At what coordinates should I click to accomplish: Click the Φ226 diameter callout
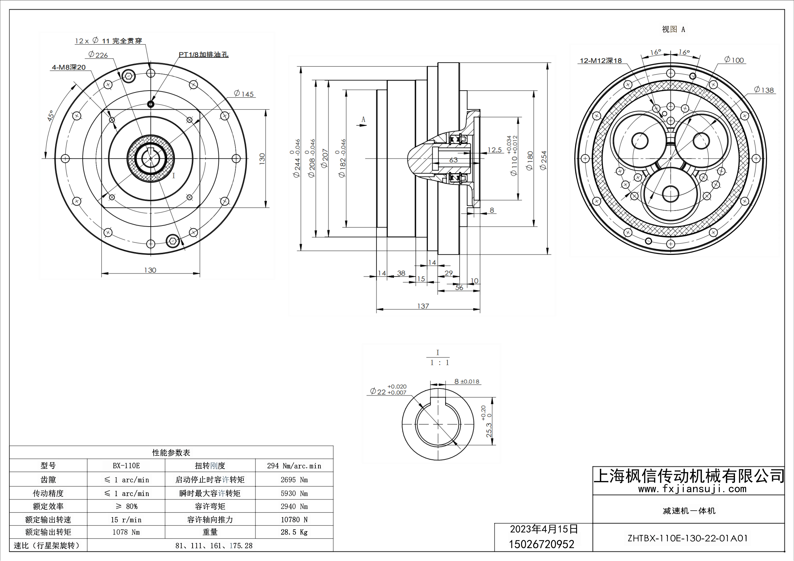point(98,55)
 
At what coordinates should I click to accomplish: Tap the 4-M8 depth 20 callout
point(69,67)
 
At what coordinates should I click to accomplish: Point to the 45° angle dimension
point(50,116)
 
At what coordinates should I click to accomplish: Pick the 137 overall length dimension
point(423,306)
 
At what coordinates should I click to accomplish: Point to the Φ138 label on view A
point(764,90)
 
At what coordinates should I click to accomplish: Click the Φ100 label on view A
point(734,60)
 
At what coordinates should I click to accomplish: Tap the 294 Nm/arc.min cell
point(294,466)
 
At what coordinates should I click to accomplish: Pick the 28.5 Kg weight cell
point(294,532)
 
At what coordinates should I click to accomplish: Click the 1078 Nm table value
point(126,532)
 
